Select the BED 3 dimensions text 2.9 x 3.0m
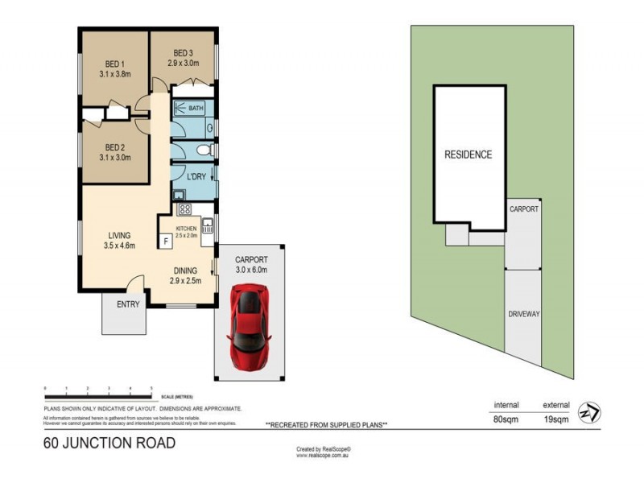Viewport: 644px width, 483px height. click(184, 61)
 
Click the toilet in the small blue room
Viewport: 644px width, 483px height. click(204, 151)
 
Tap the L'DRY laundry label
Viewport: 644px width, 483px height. click(195, 176)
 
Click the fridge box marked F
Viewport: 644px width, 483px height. click(166, 241)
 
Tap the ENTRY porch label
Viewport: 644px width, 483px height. click(128, 304)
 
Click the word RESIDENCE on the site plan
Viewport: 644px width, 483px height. click(468, 155)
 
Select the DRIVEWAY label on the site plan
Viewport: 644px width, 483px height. click(523, 314)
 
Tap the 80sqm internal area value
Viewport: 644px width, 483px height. click(506, 418)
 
